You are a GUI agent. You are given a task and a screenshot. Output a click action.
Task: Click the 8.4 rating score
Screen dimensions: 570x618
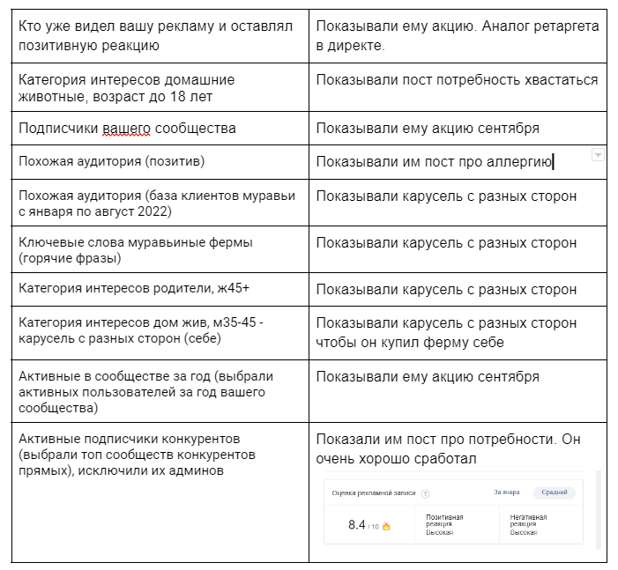356,525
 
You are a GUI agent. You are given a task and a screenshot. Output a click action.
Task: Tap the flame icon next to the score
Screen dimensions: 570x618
386,527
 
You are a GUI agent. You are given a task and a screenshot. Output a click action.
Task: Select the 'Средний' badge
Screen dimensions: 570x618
555,492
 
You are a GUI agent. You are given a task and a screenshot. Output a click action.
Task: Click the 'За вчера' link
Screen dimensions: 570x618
506,492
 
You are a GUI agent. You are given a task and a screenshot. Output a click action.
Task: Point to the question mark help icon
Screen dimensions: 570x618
425,494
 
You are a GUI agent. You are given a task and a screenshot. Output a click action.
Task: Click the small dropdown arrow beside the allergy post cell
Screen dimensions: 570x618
598,155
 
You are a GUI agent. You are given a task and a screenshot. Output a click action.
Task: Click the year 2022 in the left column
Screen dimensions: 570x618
153,211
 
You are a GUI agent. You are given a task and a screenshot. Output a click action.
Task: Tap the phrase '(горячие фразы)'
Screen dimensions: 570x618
70,258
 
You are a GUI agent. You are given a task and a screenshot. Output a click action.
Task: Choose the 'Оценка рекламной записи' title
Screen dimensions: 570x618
374,494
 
